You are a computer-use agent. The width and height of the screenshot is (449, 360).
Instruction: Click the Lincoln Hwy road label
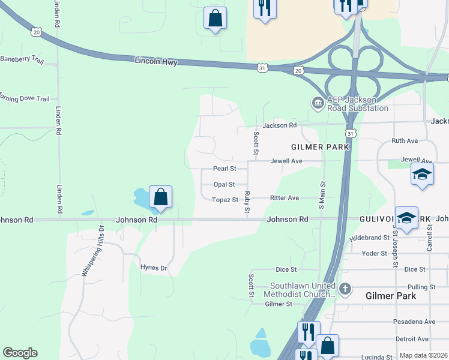(x=156, y=62)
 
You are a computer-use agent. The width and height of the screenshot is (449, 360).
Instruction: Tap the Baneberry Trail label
(x=22, y=59)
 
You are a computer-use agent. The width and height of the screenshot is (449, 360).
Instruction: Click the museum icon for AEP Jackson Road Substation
(x=316, y=103)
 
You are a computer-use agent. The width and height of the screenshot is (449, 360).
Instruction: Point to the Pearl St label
(x=225, y=169)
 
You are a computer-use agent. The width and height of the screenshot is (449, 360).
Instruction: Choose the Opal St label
(x=224, y=185)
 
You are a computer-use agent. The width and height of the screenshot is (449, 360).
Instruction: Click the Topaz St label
(x=224, y=200)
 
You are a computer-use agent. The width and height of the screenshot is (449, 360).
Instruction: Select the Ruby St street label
(x=247, y=203)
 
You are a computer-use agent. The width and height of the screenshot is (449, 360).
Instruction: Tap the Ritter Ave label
(x=285, y=197)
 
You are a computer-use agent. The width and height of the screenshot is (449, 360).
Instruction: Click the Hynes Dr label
(x=153, y=268)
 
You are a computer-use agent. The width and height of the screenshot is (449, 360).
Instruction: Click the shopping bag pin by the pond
(x=160, y=197)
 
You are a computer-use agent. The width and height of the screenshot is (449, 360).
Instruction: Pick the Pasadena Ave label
(x=414, y=322)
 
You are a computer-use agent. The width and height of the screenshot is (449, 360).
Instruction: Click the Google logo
(x=20, y=353)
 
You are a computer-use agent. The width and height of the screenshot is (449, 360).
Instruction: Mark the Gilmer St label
(x=278, y=304)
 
